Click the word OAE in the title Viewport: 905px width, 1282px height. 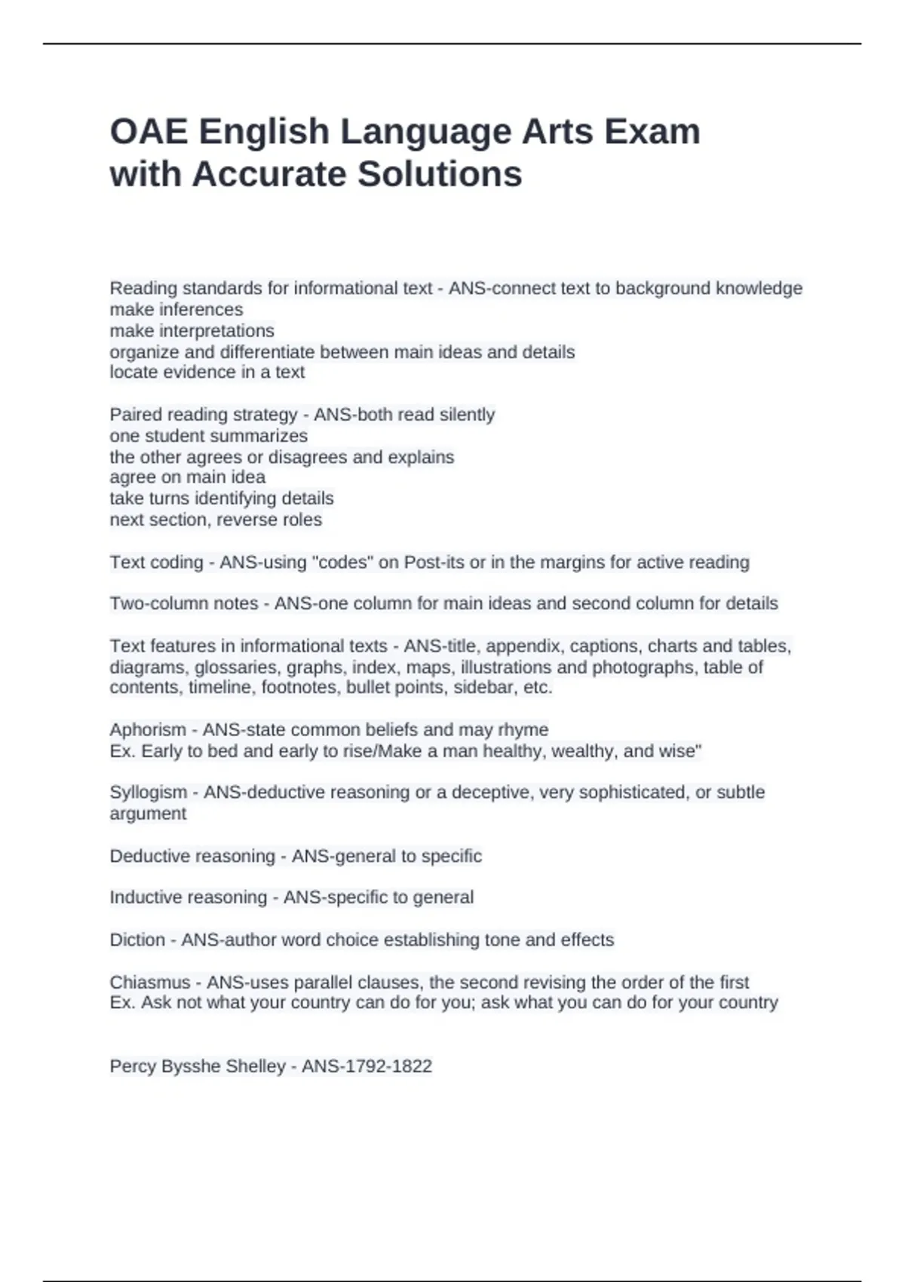(149, 132)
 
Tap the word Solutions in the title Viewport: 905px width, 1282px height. (439, 174)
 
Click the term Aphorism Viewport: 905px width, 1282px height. (148, 730)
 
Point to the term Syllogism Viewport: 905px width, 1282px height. (149, 793)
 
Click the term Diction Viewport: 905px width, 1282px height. (137, 940)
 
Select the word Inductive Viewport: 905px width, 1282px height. (146, 897)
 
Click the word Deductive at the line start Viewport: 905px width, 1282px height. (149, 856)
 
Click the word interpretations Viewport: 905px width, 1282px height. (217, 331)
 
